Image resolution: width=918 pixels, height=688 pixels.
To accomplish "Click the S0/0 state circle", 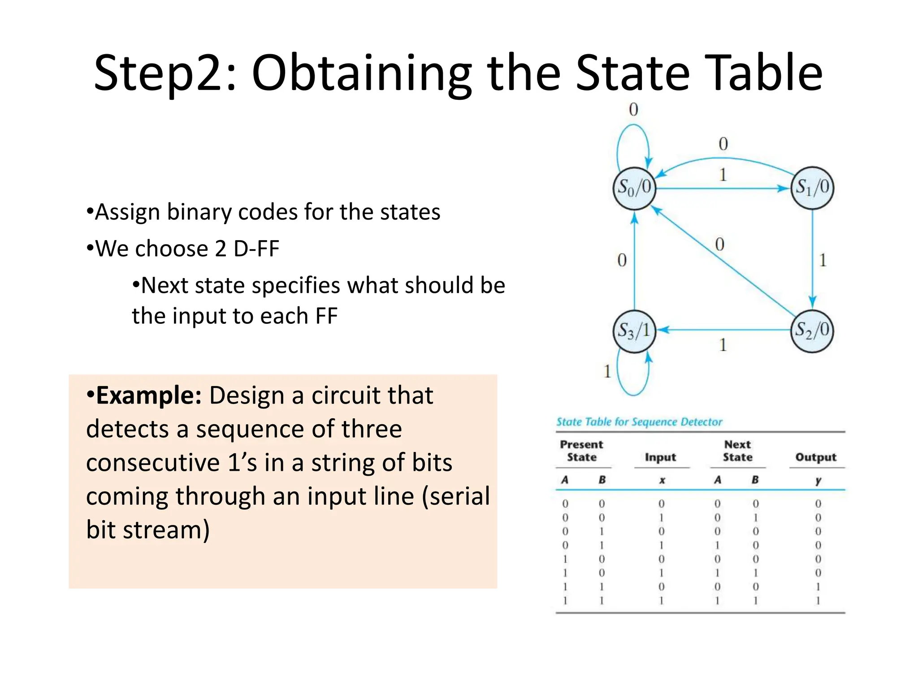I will tap(634, 188).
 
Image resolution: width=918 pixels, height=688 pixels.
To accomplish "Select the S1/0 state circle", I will tap(812, 188).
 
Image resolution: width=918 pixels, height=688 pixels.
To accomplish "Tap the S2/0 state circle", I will tap(812, 331).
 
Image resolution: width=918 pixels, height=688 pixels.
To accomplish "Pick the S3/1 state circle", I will tap(634, 331).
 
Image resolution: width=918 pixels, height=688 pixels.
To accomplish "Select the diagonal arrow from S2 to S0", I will tap(722, 260).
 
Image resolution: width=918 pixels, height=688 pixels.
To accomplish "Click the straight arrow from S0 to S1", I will tap(722, 189).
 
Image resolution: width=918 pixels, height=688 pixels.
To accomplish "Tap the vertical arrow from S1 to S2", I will tap(813, 260).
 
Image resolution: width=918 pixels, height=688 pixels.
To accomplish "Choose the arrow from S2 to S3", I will tap(722, 331).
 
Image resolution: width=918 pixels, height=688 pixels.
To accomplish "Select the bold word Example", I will tap(148, 396).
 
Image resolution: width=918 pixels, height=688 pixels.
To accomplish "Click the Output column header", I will tap(816, 457).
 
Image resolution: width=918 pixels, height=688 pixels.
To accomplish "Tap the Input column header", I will tap(660, 457).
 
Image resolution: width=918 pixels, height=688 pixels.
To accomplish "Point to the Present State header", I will tap(581, 451).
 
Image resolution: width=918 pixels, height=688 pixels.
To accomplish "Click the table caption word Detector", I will tap(701, 422).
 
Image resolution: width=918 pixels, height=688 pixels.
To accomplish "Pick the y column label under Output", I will tap(818, 480).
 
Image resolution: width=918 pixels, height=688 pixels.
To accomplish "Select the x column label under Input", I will tap(662, 480).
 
